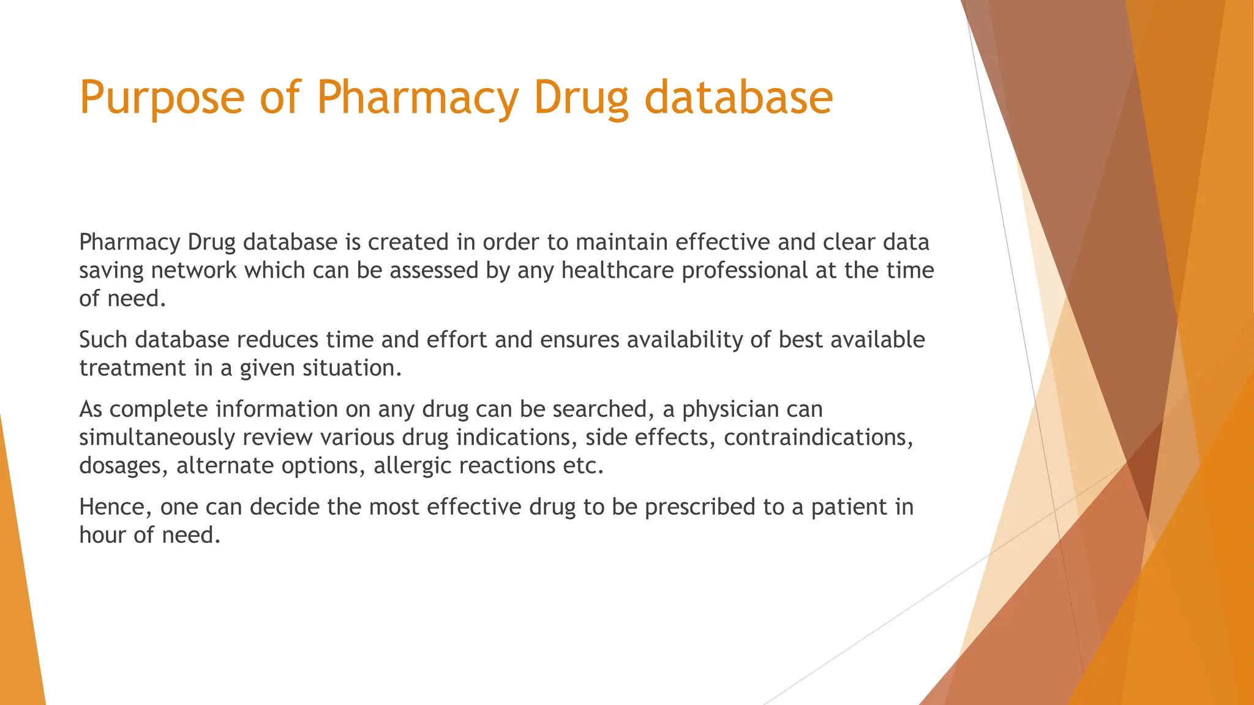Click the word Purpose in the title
(162, 98)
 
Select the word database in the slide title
(738, 98)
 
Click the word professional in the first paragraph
(745, 270)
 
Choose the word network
(194, 270)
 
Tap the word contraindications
(819, 438)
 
